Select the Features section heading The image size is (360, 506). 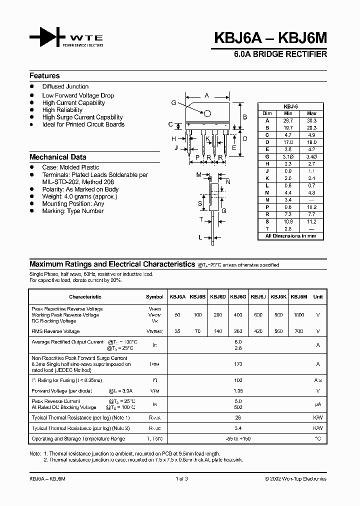[x=44, y=76]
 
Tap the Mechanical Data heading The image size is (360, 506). [x=57, y=157]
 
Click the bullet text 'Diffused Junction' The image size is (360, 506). [x=65, y=86]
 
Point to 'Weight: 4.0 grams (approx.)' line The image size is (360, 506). [x=79, y=196]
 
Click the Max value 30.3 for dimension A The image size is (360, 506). [x=311, y=120]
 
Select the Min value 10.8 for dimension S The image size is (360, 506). [x=287, y=221]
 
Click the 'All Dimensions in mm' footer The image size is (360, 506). [x=290, y=235]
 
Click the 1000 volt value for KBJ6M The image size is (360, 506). [x=298, y=315]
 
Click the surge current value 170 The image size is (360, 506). [x=237, y=365]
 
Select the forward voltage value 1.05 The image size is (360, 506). [x=237, y=391]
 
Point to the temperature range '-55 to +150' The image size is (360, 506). [x=237, y=438]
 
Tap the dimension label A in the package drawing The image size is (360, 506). [x=206, y=94]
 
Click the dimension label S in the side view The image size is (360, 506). [x=200, y=203]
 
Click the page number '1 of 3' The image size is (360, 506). [x=181, y=478]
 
